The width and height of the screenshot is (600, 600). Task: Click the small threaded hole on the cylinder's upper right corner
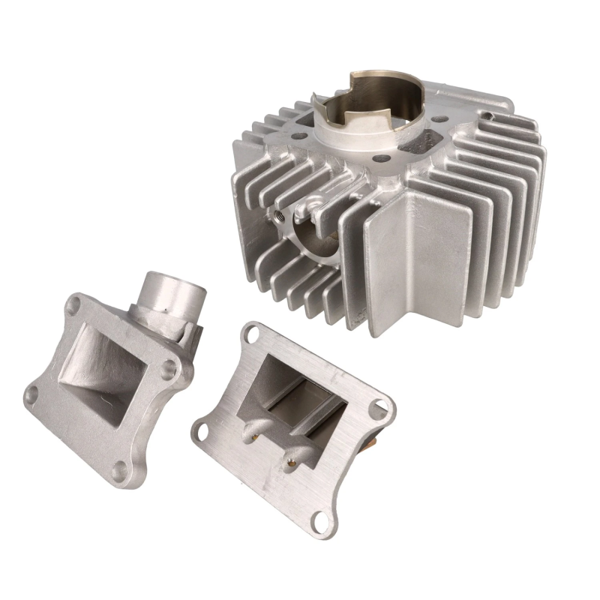tap(488, 116)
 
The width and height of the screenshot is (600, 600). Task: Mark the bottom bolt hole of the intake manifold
tap(120, 472)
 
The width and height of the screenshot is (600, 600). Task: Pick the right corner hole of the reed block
tap(382, 406)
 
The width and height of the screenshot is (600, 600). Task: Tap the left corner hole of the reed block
tap(200, 430)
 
